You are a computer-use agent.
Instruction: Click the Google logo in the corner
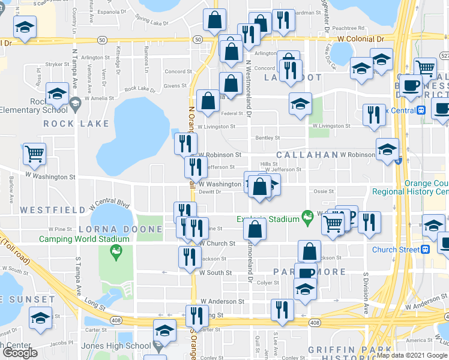tap(20, 353)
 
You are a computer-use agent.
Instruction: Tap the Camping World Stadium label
tap(84, 239)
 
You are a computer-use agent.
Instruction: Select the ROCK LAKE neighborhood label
tap(76, 124)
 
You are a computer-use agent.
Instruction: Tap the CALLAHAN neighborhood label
tap(307, 155)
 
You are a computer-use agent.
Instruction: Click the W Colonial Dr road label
tap(360, 39)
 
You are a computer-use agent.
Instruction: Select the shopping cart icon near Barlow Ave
tap(34, 154)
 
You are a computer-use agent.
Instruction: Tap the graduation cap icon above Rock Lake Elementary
tap(57, 94)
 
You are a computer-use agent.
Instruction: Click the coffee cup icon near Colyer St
tap(306, 272)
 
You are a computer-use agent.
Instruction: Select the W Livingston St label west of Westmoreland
tap(216, 127)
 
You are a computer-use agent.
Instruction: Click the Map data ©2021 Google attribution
tap(411, 355)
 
